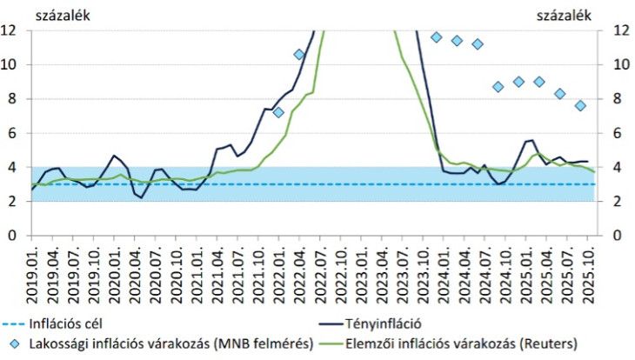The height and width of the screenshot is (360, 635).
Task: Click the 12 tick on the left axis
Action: click(10, 30)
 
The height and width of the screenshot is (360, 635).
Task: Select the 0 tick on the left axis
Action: click(13, 236)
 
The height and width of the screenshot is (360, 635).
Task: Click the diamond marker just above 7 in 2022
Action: click(278, 112)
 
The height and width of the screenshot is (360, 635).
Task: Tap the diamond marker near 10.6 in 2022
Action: click(299, 54)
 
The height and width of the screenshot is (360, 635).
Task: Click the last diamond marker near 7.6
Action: click(580, 105)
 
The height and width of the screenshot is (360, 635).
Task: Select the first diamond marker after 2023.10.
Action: click(436, 37)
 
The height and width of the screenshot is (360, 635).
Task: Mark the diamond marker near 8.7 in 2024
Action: click(498, 87)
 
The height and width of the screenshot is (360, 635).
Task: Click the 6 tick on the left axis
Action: click(13, 133)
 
